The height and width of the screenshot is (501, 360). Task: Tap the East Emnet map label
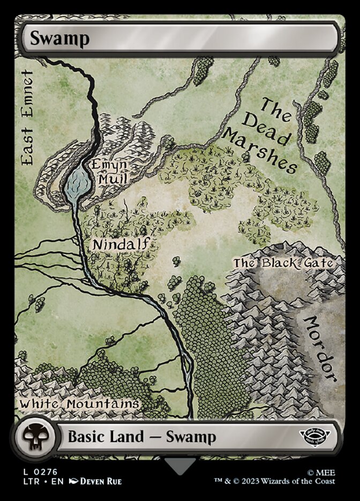pyautogui.click(x=26, y=117)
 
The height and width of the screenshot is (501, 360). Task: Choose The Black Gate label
pyautogui.click(x=284, y=263)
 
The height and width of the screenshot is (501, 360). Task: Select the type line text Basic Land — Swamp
pyautogui.click(x=141, y=437)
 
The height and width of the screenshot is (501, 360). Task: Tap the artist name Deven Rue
pyautogui.click(x=101, y=481)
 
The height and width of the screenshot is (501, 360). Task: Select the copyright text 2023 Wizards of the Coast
pyautogui.click(x=289, y=481)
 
